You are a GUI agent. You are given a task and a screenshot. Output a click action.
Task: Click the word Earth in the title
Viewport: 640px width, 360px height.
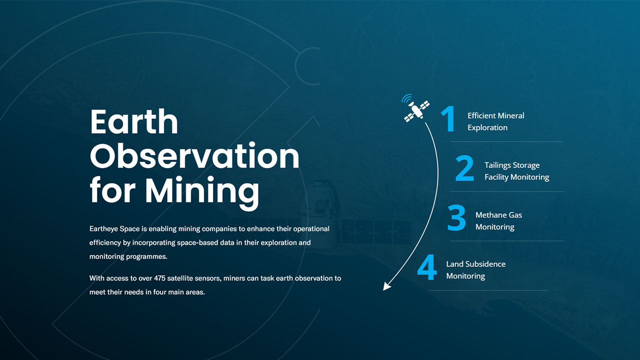click(x=134, y=121)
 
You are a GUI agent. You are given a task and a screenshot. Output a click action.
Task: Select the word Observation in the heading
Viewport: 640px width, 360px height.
click(x=194, y=155)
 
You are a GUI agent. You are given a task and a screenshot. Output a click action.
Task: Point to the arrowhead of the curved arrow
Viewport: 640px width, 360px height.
click(x=386, y=286)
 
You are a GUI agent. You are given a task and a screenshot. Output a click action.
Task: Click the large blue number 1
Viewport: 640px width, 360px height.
click(x=448, y=118)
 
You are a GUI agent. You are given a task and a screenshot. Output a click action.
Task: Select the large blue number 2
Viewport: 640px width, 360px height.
click(x=464, y=168)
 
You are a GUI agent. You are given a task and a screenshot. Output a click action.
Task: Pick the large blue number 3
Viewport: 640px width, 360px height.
click(x=456, y=217)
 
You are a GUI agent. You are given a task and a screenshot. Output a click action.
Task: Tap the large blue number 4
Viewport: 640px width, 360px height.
click(x=427, y=267)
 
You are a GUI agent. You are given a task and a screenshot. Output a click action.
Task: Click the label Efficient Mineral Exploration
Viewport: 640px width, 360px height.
click(x=495, y=121)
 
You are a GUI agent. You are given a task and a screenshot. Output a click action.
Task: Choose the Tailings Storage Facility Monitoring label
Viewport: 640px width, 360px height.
click(x=516, y=171)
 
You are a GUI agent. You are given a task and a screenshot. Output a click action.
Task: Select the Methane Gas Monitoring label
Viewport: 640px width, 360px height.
click(x=498, y=221)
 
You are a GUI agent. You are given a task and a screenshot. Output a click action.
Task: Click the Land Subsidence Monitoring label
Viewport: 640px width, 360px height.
click(x=475, y=270)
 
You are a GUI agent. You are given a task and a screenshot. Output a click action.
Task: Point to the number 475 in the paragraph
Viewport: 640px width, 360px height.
click(x=159, y=278)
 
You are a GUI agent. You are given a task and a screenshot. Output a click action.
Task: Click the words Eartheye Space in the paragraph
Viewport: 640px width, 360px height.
click(x=114, y=229)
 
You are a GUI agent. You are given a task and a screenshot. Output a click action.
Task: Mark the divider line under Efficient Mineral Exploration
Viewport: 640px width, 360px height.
click(x=506, y=141)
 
